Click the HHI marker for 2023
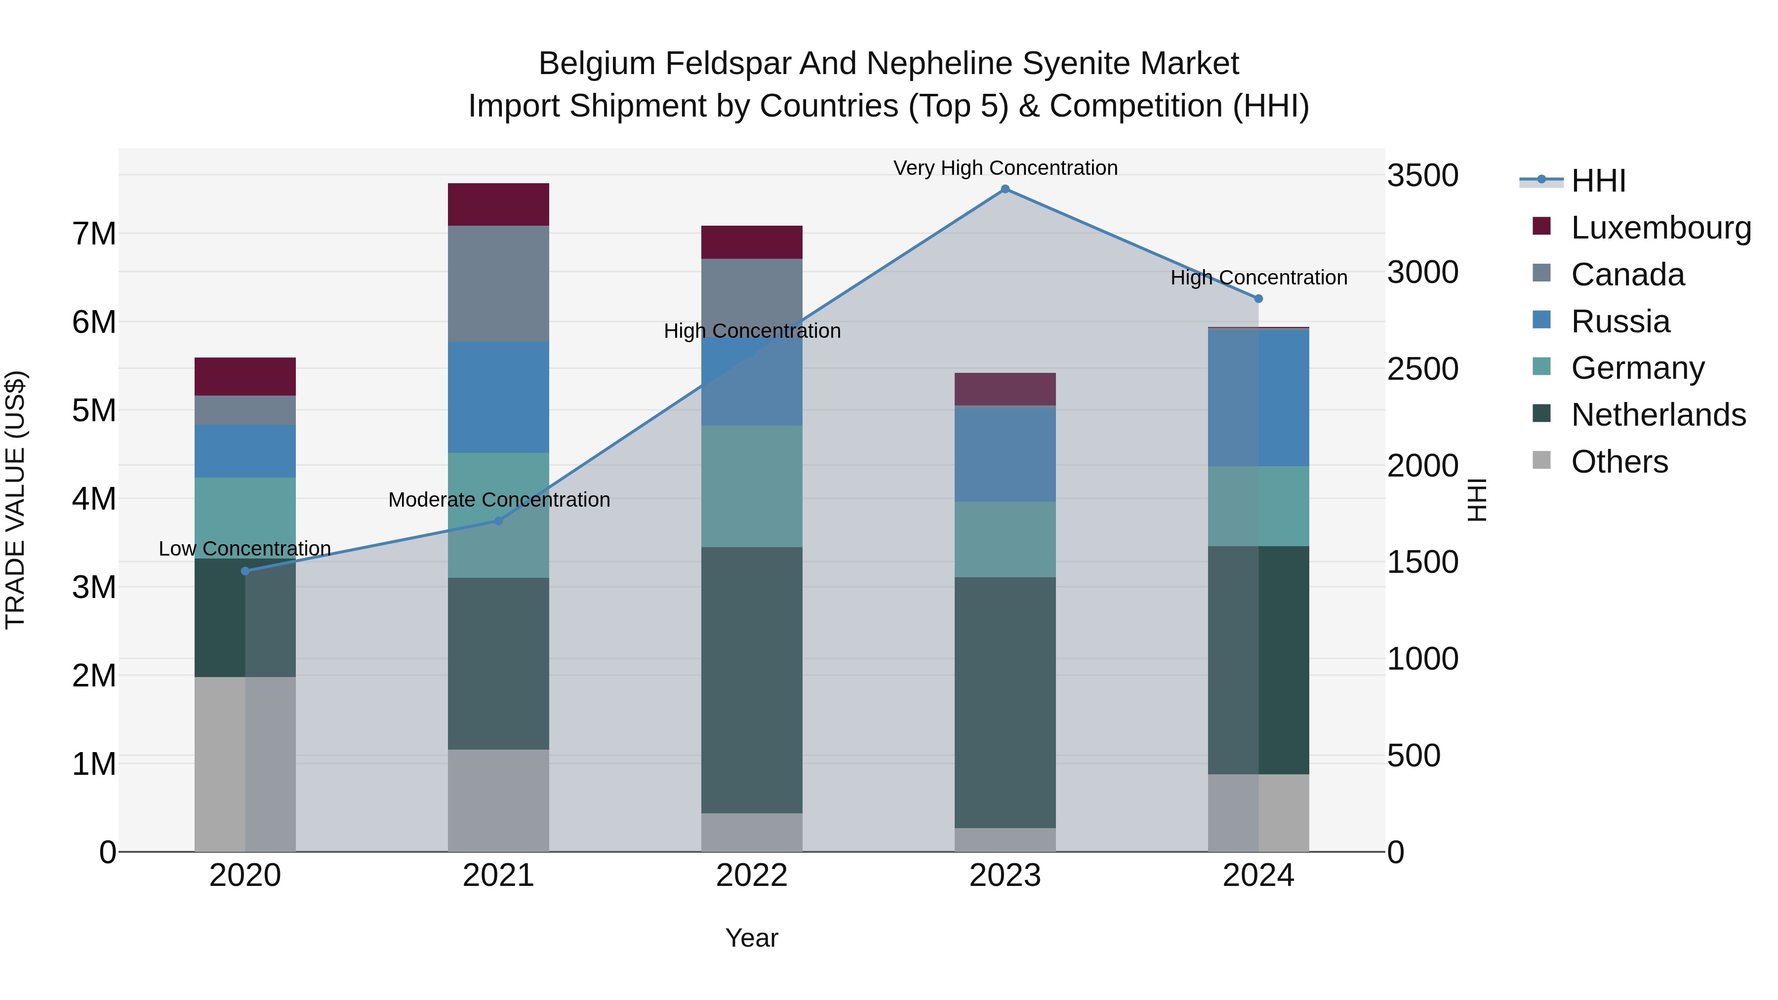[1005, 189]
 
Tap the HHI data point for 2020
[245, 571]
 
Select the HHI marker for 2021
[498, 521]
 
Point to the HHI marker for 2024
[1258, 299]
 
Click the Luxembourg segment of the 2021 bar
[498, 204]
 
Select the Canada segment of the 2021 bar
[498, 283]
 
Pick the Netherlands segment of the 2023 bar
[1005, 703]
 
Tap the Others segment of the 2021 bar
[498, 800]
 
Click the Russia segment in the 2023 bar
[1005, 455]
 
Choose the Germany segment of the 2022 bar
[752, 486]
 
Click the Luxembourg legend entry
[1660, 228]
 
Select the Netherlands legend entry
[1658, 415]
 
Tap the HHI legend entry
[1598, 181]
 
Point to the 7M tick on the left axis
[94, 234]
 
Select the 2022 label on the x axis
[752, 876]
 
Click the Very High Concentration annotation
[1005, 168]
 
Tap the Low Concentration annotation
[245, 549]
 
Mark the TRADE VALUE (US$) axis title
[15, 500]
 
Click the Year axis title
[752, 938]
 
